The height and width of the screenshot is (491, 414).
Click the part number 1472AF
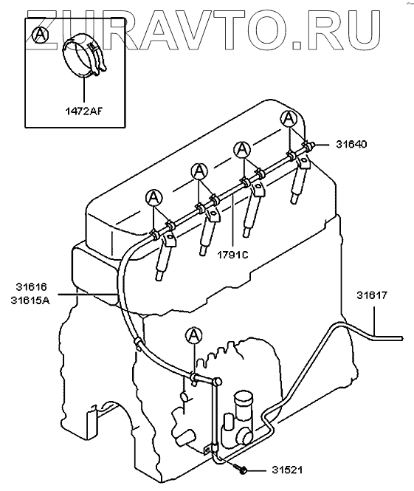point(84,111)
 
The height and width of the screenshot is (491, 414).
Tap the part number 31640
point(351,145)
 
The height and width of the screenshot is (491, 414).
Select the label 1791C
point(232,255)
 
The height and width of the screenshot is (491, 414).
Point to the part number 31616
point(31,286)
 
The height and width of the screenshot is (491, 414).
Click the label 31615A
point(30,301)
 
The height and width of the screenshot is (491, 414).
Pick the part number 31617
point(372,295)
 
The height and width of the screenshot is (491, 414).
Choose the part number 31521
point(287,470)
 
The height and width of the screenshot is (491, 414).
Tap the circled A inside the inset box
point(41,35)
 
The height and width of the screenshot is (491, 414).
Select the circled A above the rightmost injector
point(289,119)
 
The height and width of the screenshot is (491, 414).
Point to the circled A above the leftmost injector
point(154,197)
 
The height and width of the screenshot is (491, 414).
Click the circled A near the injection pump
point(193,335)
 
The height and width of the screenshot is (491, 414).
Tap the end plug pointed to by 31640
point(310,145)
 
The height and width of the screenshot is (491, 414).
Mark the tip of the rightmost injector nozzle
point(293,200)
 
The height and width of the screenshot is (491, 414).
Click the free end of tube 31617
point(401,338)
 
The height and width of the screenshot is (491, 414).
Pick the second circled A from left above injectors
point(199,171)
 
